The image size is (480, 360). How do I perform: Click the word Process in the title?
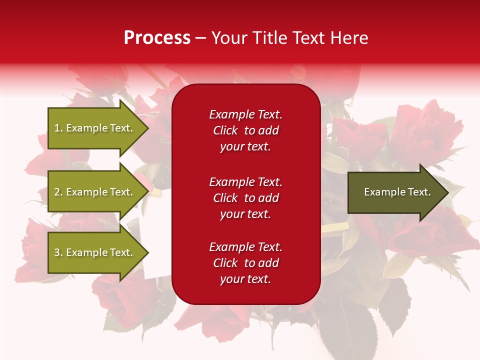point(157,38)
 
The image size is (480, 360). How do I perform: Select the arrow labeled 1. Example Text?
point(95,128)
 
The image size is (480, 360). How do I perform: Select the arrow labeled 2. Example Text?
point(95,192)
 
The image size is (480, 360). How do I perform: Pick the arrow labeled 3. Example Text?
point(95,252)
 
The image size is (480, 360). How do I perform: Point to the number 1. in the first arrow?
point(58,128)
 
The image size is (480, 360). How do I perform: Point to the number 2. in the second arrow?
point(58,192)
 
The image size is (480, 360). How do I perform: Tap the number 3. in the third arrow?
point(58,252)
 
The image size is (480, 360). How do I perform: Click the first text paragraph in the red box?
point(245,130)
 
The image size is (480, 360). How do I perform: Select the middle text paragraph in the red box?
point(245,198)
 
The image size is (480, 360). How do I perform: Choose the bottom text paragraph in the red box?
point(245,263)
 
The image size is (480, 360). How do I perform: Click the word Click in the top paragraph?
point(225,130)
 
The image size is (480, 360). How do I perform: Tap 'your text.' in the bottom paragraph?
point(245,279)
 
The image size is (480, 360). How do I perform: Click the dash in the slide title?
point(201,38)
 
